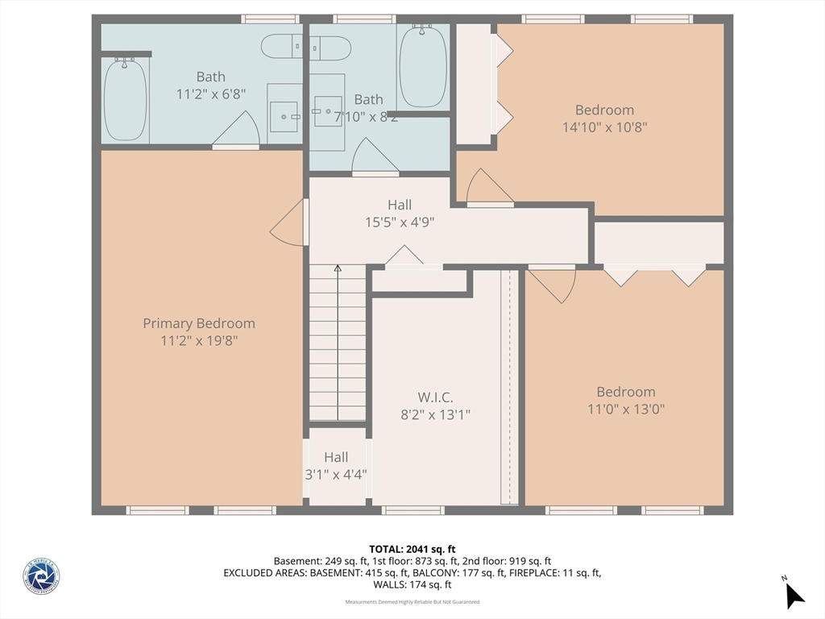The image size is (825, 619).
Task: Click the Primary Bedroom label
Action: [x=199, y=323]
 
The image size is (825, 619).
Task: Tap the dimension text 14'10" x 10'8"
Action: [x=604, y=127]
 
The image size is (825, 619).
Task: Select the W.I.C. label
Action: [x=435, y=397]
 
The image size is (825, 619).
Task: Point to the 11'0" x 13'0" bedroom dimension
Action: [x=625, y=409]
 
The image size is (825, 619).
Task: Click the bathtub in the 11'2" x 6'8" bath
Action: [x=126, y=100]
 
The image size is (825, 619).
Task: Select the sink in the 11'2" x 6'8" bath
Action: [x=284, y=116]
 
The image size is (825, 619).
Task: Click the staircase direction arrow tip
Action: [x=338, y=268]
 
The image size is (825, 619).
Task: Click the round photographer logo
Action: [x=41, y=577]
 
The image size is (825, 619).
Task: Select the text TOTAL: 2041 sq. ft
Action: [x=412, y=549]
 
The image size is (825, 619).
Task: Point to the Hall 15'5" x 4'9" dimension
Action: [x=400, y=222]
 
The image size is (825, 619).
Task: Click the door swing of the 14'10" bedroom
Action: [x=488, y=188]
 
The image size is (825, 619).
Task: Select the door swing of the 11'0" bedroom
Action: [x=554, y=284]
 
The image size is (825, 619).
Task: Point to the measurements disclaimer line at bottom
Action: [x=412, y=602]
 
